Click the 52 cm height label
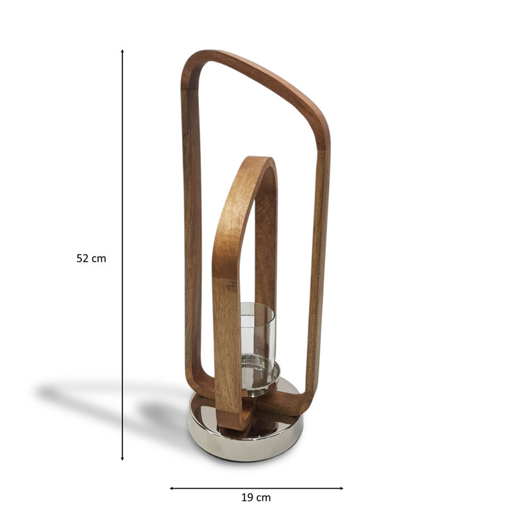point(91,258)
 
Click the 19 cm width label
point(256,498)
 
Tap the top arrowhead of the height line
point(122,51)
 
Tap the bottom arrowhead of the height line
point(122,458)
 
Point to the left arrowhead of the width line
point(171,489)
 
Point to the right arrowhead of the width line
point(341,489)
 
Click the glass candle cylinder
point(258,330)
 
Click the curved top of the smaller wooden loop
point(258,161)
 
